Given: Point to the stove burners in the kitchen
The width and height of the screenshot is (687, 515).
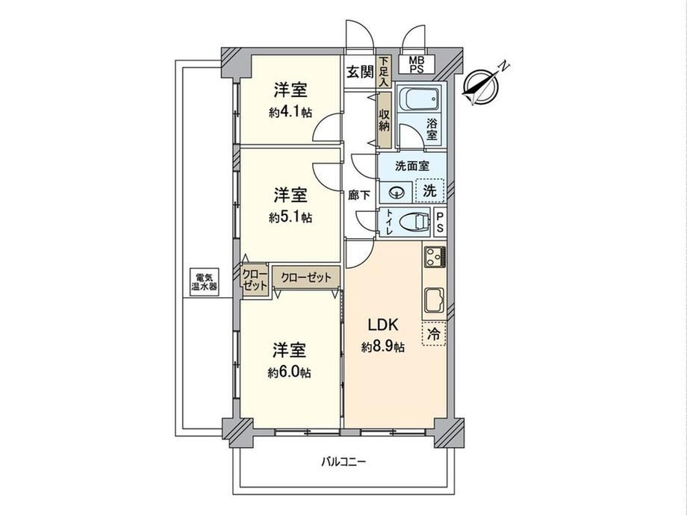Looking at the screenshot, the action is (x=435, y=257).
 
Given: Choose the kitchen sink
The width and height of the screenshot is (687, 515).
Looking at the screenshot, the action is (x=435, y=300).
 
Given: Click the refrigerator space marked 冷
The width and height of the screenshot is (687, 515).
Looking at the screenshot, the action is (x=434, y=334).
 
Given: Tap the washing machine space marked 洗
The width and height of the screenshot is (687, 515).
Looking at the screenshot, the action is (x=430, y=191).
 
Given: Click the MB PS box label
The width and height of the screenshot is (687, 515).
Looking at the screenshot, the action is (x=417, y=64).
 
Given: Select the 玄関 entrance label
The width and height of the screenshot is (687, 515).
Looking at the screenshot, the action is (x=360, y=72).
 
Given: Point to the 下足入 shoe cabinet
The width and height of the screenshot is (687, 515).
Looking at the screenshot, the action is (x=384, y=71).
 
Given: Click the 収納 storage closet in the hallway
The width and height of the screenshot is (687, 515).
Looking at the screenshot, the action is (x=385, y=120).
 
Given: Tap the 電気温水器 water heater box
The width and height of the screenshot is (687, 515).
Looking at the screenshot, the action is (x=204, y=282).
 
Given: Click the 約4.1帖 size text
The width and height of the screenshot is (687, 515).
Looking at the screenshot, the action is (x=290, y=113).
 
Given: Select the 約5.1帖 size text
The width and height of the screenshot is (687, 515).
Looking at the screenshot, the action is (x=290, y=217).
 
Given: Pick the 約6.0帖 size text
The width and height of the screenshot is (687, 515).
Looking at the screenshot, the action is (x=290, y=372).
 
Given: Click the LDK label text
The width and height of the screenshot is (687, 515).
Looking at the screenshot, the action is (x=382, y=325).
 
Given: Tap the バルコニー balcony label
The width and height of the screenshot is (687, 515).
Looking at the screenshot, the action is (x=343, y=461).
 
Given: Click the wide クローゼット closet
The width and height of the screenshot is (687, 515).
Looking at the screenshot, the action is (x=306, y=277).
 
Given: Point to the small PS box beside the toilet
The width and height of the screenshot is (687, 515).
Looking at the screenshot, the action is (x=441, y=222).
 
